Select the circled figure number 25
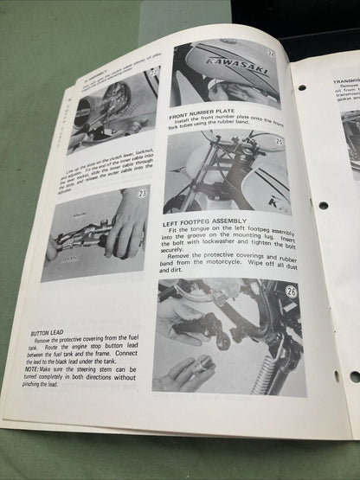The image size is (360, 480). [280, 140]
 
